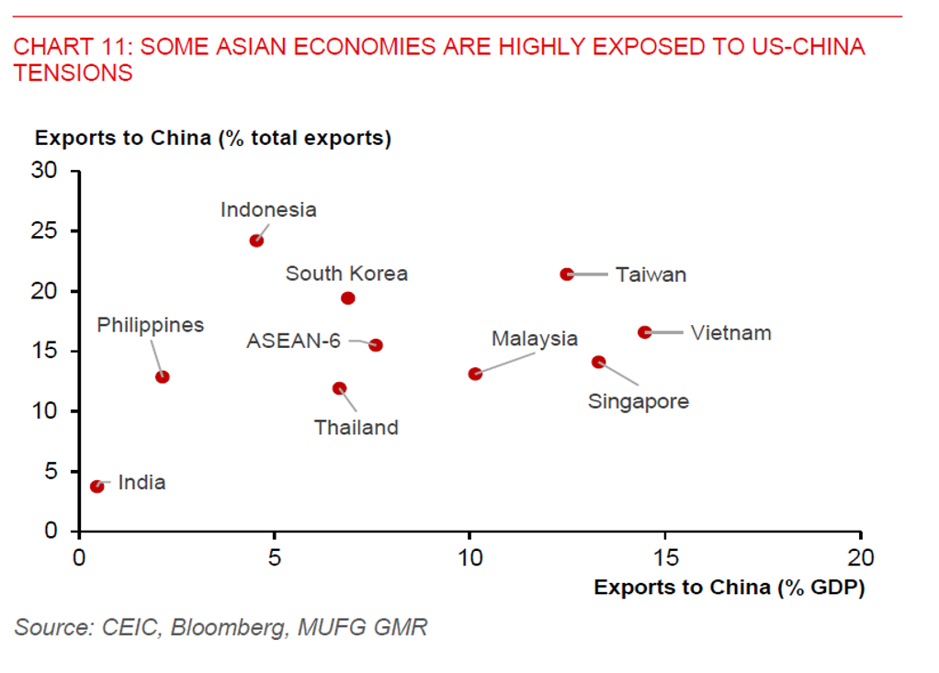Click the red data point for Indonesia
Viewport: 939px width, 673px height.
256,241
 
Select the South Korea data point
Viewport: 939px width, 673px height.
348,298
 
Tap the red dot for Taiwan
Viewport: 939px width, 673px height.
567,274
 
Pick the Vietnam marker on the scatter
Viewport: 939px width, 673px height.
645,332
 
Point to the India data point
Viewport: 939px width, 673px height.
97,486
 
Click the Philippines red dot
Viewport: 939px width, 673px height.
163,376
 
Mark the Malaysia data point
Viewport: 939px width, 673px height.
475,374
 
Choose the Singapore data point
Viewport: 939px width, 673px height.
599,362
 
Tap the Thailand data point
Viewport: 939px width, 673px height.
339,388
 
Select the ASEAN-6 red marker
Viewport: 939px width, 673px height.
376,345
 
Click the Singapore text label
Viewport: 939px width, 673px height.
638,401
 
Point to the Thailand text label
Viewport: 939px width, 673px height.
356,428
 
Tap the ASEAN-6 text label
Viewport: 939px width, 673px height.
293,342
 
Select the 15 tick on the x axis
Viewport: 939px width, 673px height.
665,557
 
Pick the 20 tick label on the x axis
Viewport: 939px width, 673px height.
860,557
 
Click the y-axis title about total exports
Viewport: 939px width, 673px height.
213,139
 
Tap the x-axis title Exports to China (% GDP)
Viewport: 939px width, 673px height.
730,588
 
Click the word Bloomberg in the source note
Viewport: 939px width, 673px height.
229,628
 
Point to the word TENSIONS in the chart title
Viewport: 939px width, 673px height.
74,73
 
